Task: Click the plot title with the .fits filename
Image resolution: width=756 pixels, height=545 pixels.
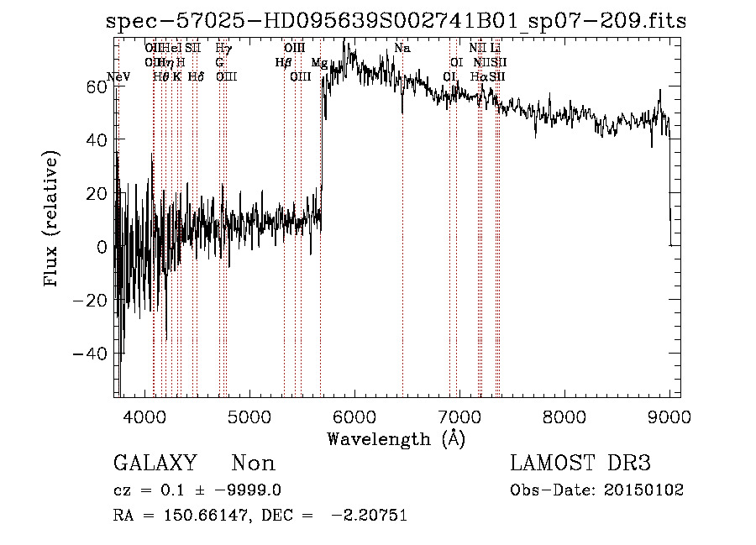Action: pyautogui.click(x=396, y=21)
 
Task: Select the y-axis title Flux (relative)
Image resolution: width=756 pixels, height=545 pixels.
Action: pyautogui.click(x=52, y=220)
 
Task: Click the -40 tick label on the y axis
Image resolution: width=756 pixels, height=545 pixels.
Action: pyautogui.click(x=91, y=354)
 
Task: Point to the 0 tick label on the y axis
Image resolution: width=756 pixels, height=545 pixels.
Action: pyautogui.click(x=102, y=247)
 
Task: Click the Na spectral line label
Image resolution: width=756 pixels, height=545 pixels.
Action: pyautogui.click(x=402, y=49)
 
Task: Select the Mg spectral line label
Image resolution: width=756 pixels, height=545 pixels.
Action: pyautogui.click(x=319, y=63)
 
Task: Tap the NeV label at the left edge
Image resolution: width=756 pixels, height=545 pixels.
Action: pyautogui.click(x=120, y=76)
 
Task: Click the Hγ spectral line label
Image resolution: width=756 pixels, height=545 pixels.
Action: pyautogui.click(x=223, y=49)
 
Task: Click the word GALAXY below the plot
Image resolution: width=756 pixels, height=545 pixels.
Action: pyautogui.click(x=155, y=464)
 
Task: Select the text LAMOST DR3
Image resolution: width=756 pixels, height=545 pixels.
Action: pyautogui.click(x=580, y=464)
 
